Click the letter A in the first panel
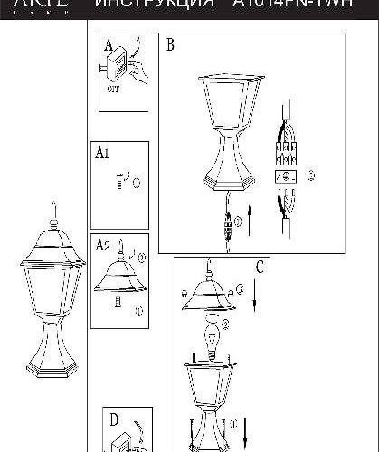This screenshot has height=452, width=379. (x=109, y=45)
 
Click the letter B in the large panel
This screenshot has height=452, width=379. (x=170, y=45)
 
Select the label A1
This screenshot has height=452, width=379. (x=102, y=154)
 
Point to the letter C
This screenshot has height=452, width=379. (x=260, y=267)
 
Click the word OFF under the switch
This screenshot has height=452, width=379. (x=113, y=90)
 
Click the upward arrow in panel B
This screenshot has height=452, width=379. (x=249, y=218)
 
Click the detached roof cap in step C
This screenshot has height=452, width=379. (x=211, y=293)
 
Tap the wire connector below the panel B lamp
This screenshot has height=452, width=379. (x=227, y=222)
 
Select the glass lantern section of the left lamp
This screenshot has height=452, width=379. (x=52, y=277)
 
